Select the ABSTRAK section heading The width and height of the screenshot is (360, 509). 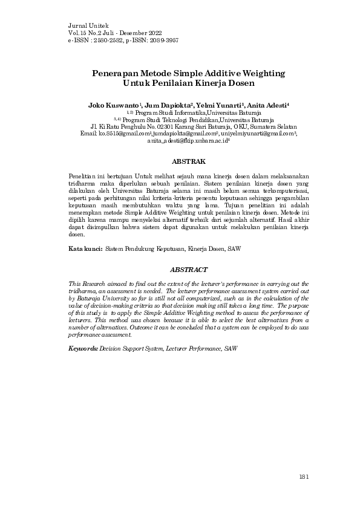pos(189,162)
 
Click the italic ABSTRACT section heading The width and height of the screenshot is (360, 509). pos(189,271)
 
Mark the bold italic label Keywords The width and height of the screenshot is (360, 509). pos(83,349)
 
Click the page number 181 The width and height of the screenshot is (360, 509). pos(304,477)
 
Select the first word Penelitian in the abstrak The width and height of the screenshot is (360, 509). pos(82,175)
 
